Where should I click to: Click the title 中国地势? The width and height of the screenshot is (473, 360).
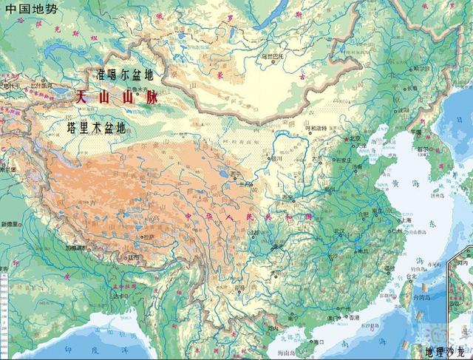[29, 9]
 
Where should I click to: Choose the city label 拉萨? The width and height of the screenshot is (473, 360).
[149, 237]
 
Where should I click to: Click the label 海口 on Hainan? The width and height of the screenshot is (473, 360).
[319, 342]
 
